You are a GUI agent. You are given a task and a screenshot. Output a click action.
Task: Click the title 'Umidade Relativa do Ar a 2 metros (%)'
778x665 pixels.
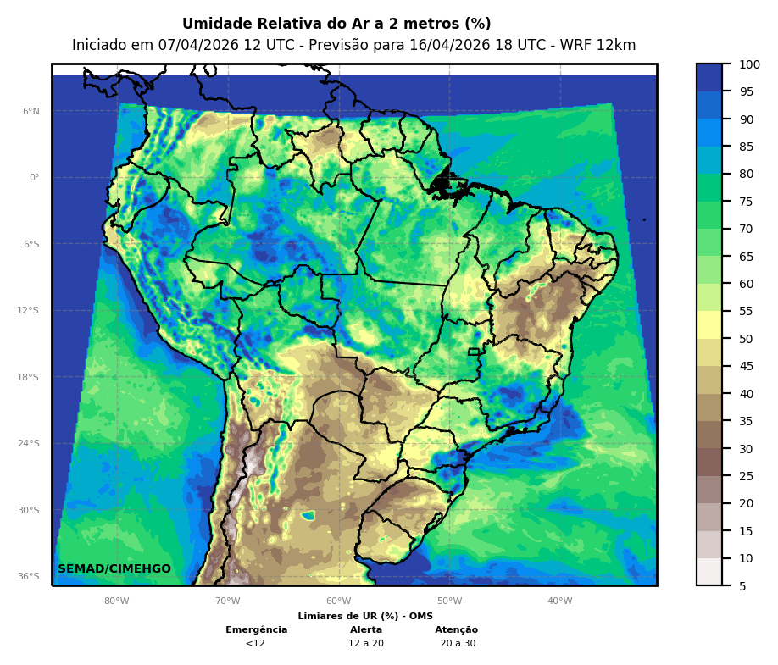pyautogui.click(x=336, y=24)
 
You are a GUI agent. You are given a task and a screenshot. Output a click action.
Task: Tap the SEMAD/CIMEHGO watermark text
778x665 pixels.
pyautogui.click(x=114, y=568)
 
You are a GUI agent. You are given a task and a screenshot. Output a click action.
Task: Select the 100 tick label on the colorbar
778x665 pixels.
pyautogui.click(x=749, y=64)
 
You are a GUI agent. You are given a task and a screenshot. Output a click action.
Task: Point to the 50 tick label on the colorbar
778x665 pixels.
pyautogui.click(x=747, y=339)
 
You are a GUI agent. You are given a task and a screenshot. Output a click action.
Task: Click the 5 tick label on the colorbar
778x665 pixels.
pyautogui.click(x=742, y=586)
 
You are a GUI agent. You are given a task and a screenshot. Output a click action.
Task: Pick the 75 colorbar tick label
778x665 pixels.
pyautogui.click(x=747, y=202)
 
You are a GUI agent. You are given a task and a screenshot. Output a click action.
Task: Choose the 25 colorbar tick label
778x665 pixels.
pyautogui.click(x=747, y=476)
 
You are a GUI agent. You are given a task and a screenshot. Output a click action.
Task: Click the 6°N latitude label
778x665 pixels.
pyautogui.click(x=31, y=111)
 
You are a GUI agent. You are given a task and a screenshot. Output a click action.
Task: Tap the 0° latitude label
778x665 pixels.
pyautogui.click(x=34, y=178)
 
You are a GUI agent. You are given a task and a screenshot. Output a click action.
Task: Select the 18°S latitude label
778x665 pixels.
pyautogui.click(x=28, y=377)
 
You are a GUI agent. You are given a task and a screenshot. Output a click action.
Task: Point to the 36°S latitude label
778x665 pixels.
pyautogui.click(x=28, y=576)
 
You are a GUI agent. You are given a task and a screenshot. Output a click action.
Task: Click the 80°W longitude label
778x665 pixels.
pyautogui.click(x=117, y=601)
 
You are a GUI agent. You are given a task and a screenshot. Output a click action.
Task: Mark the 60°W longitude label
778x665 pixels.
pyautogui.click(x=338, y=601)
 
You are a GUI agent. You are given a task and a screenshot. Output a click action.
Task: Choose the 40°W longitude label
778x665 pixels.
pyautogui.click(x=559, y=601)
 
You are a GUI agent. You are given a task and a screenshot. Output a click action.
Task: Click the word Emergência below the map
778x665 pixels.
pyautogui.click(x=256, y=629)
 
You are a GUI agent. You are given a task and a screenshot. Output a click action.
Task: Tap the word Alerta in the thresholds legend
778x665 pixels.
pyautogui.click(x=366, y=629)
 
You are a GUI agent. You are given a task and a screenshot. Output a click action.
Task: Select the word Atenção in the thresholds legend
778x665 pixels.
pyautogui.click(x=457, y=629)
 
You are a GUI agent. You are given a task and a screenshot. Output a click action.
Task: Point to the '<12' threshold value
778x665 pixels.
pyautogui.click(x=255, y=643)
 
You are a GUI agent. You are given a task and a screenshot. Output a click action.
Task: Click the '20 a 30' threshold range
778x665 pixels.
pyautogui.click(x=458, y=643)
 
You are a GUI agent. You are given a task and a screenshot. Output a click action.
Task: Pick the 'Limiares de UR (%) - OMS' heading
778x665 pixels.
pyautogui.click(x=365, y=616)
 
